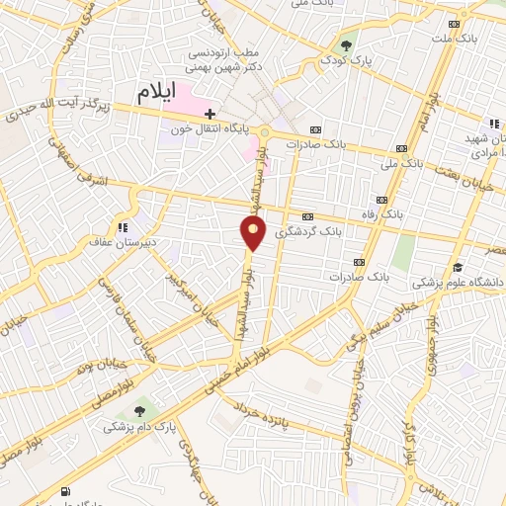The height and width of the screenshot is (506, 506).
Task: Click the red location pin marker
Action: [x=254, y=232]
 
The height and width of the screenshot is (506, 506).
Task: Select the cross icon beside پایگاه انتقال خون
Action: [x=210, y=114]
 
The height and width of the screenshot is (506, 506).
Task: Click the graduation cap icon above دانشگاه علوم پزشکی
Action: [x=457, y=267]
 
